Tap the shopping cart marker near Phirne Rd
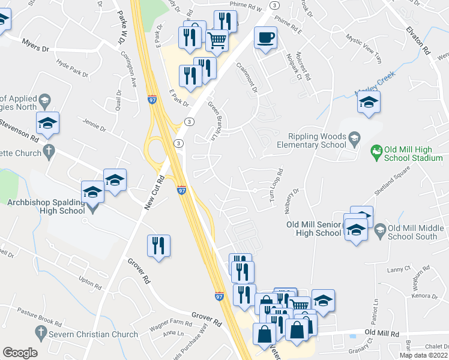coord(217,41)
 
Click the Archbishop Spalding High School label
coord(46,206)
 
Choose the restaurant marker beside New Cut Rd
coord(158,246)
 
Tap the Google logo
coord(20,353)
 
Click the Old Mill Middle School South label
coord(416,232)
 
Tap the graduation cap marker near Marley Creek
coord(369,103)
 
